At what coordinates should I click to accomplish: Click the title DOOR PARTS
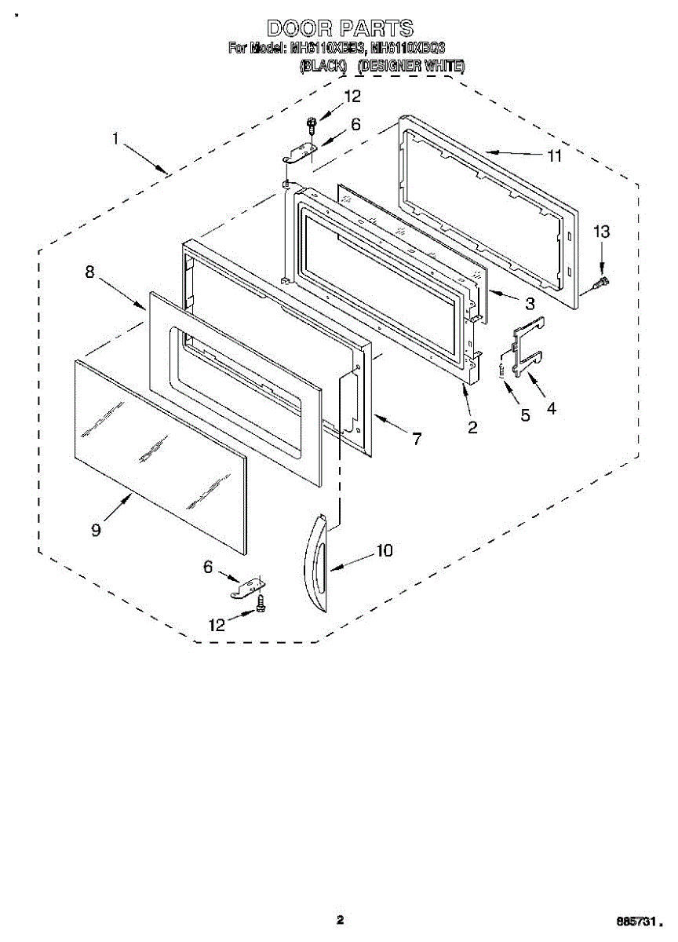340,29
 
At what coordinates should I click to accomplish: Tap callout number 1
115,140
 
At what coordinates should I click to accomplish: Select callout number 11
554,155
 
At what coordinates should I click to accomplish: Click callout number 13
601,232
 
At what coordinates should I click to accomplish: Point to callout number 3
530,304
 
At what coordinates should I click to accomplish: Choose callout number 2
472,427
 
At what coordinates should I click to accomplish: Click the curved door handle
318,561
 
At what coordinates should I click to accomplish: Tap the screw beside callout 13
603,280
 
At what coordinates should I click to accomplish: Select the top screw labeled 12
312,123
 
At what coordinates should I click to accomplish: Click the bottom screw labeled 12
261,603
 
